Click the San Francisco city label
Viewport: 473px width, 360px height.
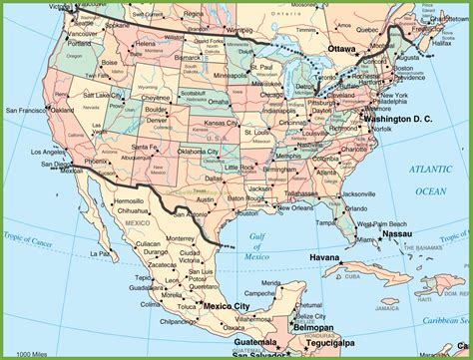(24, 109)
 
